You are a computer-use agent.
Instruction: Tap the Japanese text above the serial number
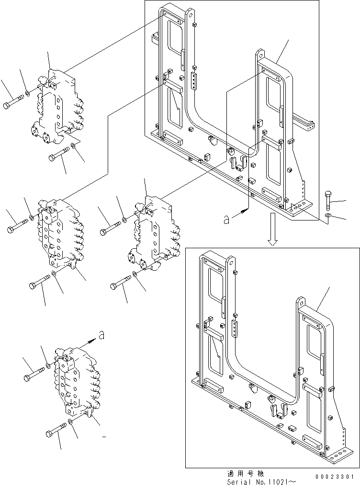pyautogui.click(x=244, y=473)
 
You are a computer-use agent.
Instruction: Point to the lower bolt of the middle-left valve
pyautogui.click(x=41, y=281)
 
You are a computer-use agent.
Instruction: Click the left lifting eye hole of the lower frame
pyautogui.click(x=232, y=262)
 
